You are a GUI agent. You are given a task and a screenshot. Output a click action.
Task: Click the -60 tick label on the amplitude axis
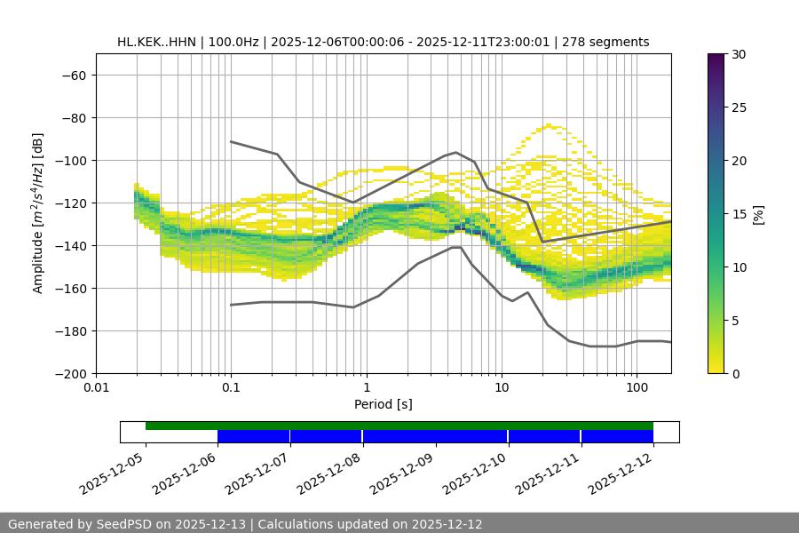coord(73,75)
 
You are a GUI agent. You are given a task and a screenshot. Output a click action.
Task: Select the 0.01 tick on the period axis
coord(96,388)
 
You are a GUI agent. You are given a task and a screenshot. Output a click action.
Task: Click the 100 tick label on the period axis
coord(637,388)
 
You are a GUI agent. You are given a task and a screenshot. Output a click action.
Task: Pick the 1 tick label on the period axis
coord(366,388)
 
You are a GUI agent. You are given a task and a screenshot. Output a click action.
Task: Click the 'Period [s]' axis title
coord(384,405)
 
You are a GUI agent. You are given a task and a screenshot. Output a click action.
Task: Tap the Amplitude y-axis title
coord(38,213)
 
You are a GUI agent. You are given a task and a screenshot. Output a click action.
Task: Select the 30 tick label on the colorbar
coord(739,54)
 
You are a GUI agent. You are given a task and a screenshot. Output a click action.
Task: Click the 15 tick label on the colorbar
coord(739,214)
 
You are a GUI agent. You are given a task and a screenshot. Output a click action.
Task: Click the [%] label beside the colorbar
coord(758,214)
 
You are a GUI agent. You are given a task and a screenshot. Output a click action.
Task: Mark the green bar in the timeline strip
coord(399,426)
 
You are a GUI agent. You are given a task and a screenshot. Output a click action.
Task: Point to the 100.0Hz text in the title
coord(235,42)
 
